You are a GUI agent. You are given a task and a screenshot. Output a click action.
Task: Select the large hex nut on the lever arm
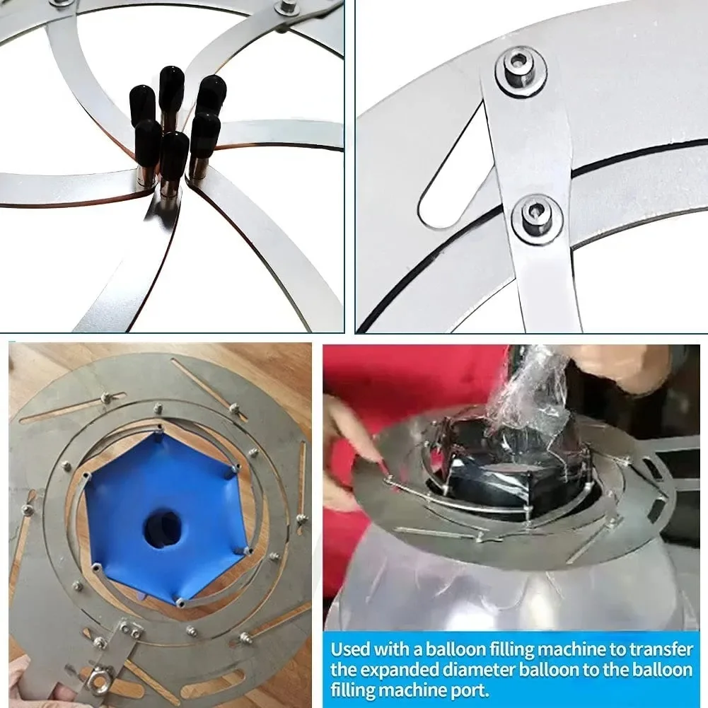point(100,681)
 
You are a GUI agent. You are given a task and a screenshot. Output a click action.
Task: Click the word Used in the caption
point(352,649)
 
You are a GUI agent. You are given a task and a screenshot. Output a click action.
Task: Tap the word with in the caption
point(395,649)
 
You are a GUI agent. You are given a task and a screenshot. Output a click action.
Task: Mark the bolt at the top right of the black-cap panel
point(289,6)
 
